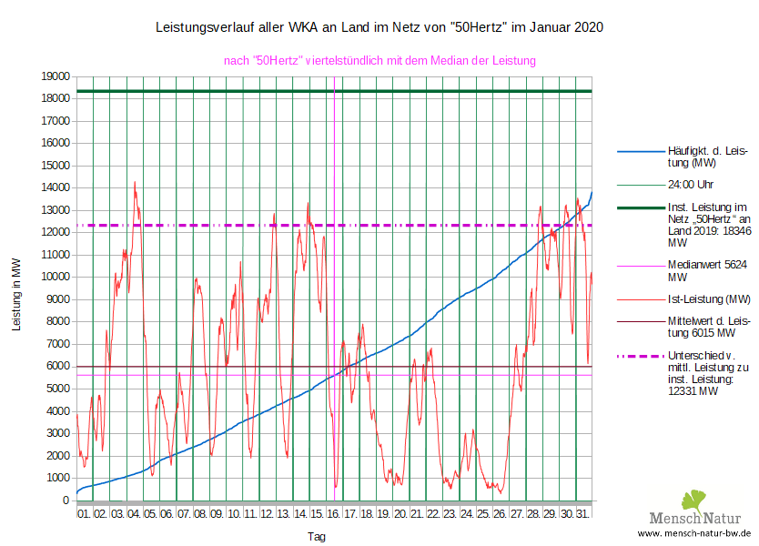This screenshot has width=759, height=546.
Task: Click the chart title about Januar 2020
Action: click(x=379, y=28)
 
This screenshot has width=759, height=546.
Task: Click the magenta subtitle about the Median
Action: click(x=379, y=61)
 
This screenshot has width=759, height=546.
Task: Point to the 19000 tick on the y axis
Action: click(x=54, y=76)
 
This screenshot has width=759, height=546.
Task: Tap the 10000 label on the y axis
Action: click(x=54, y=277)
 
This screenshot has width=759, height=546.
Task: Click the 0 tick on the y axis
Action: click(x=66, y=500)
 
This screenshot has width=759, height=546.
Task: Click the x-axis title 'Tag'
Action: click(x=317, y=537)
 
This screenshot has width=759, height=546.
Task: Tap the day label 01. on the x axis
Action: click(x=84, y=515)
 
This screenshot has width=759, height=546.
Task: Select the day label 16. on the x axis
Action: click(x=333, y=515)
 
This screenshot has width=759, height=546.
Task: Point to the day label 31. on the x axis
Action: click(x=583, y=515)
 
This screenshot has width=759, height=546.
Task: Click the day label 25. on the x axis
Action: click(x=483, y=515)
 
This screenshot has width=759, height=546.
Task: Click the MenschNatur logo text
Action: click(x=701, y=518)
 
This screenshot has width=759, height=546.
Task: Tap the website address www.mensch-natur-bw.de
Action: click(x=694, y=533)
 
